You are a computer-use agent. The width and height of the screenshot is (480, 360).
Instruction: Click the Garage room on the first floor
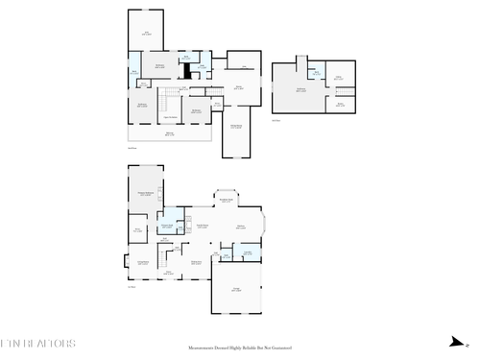(236, 289)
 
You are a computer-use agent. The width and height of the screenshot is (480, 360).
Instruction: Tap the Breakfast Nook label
(227, 201)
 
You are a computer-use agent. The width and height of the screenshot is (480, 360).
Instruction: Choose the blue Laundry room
(248, 253)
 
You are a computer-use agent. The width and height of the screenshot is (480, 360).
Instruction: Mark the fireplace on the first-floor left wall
(125, 260)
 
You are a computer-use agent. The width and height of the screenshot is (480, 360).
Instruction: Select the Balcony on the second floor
(170, 133)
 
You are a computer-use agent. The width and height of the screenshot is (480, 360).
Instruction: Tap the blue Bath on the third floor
(315, 72)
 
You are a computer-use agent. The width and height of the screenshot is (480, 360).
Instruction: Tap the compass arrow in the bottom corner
(455, 343)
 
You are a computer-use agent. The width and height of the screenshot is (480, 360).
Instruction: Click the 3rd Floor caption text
(276, 121)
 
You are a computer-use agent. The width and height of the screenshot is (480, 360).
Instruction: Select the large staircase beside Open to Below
(167, 100)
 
